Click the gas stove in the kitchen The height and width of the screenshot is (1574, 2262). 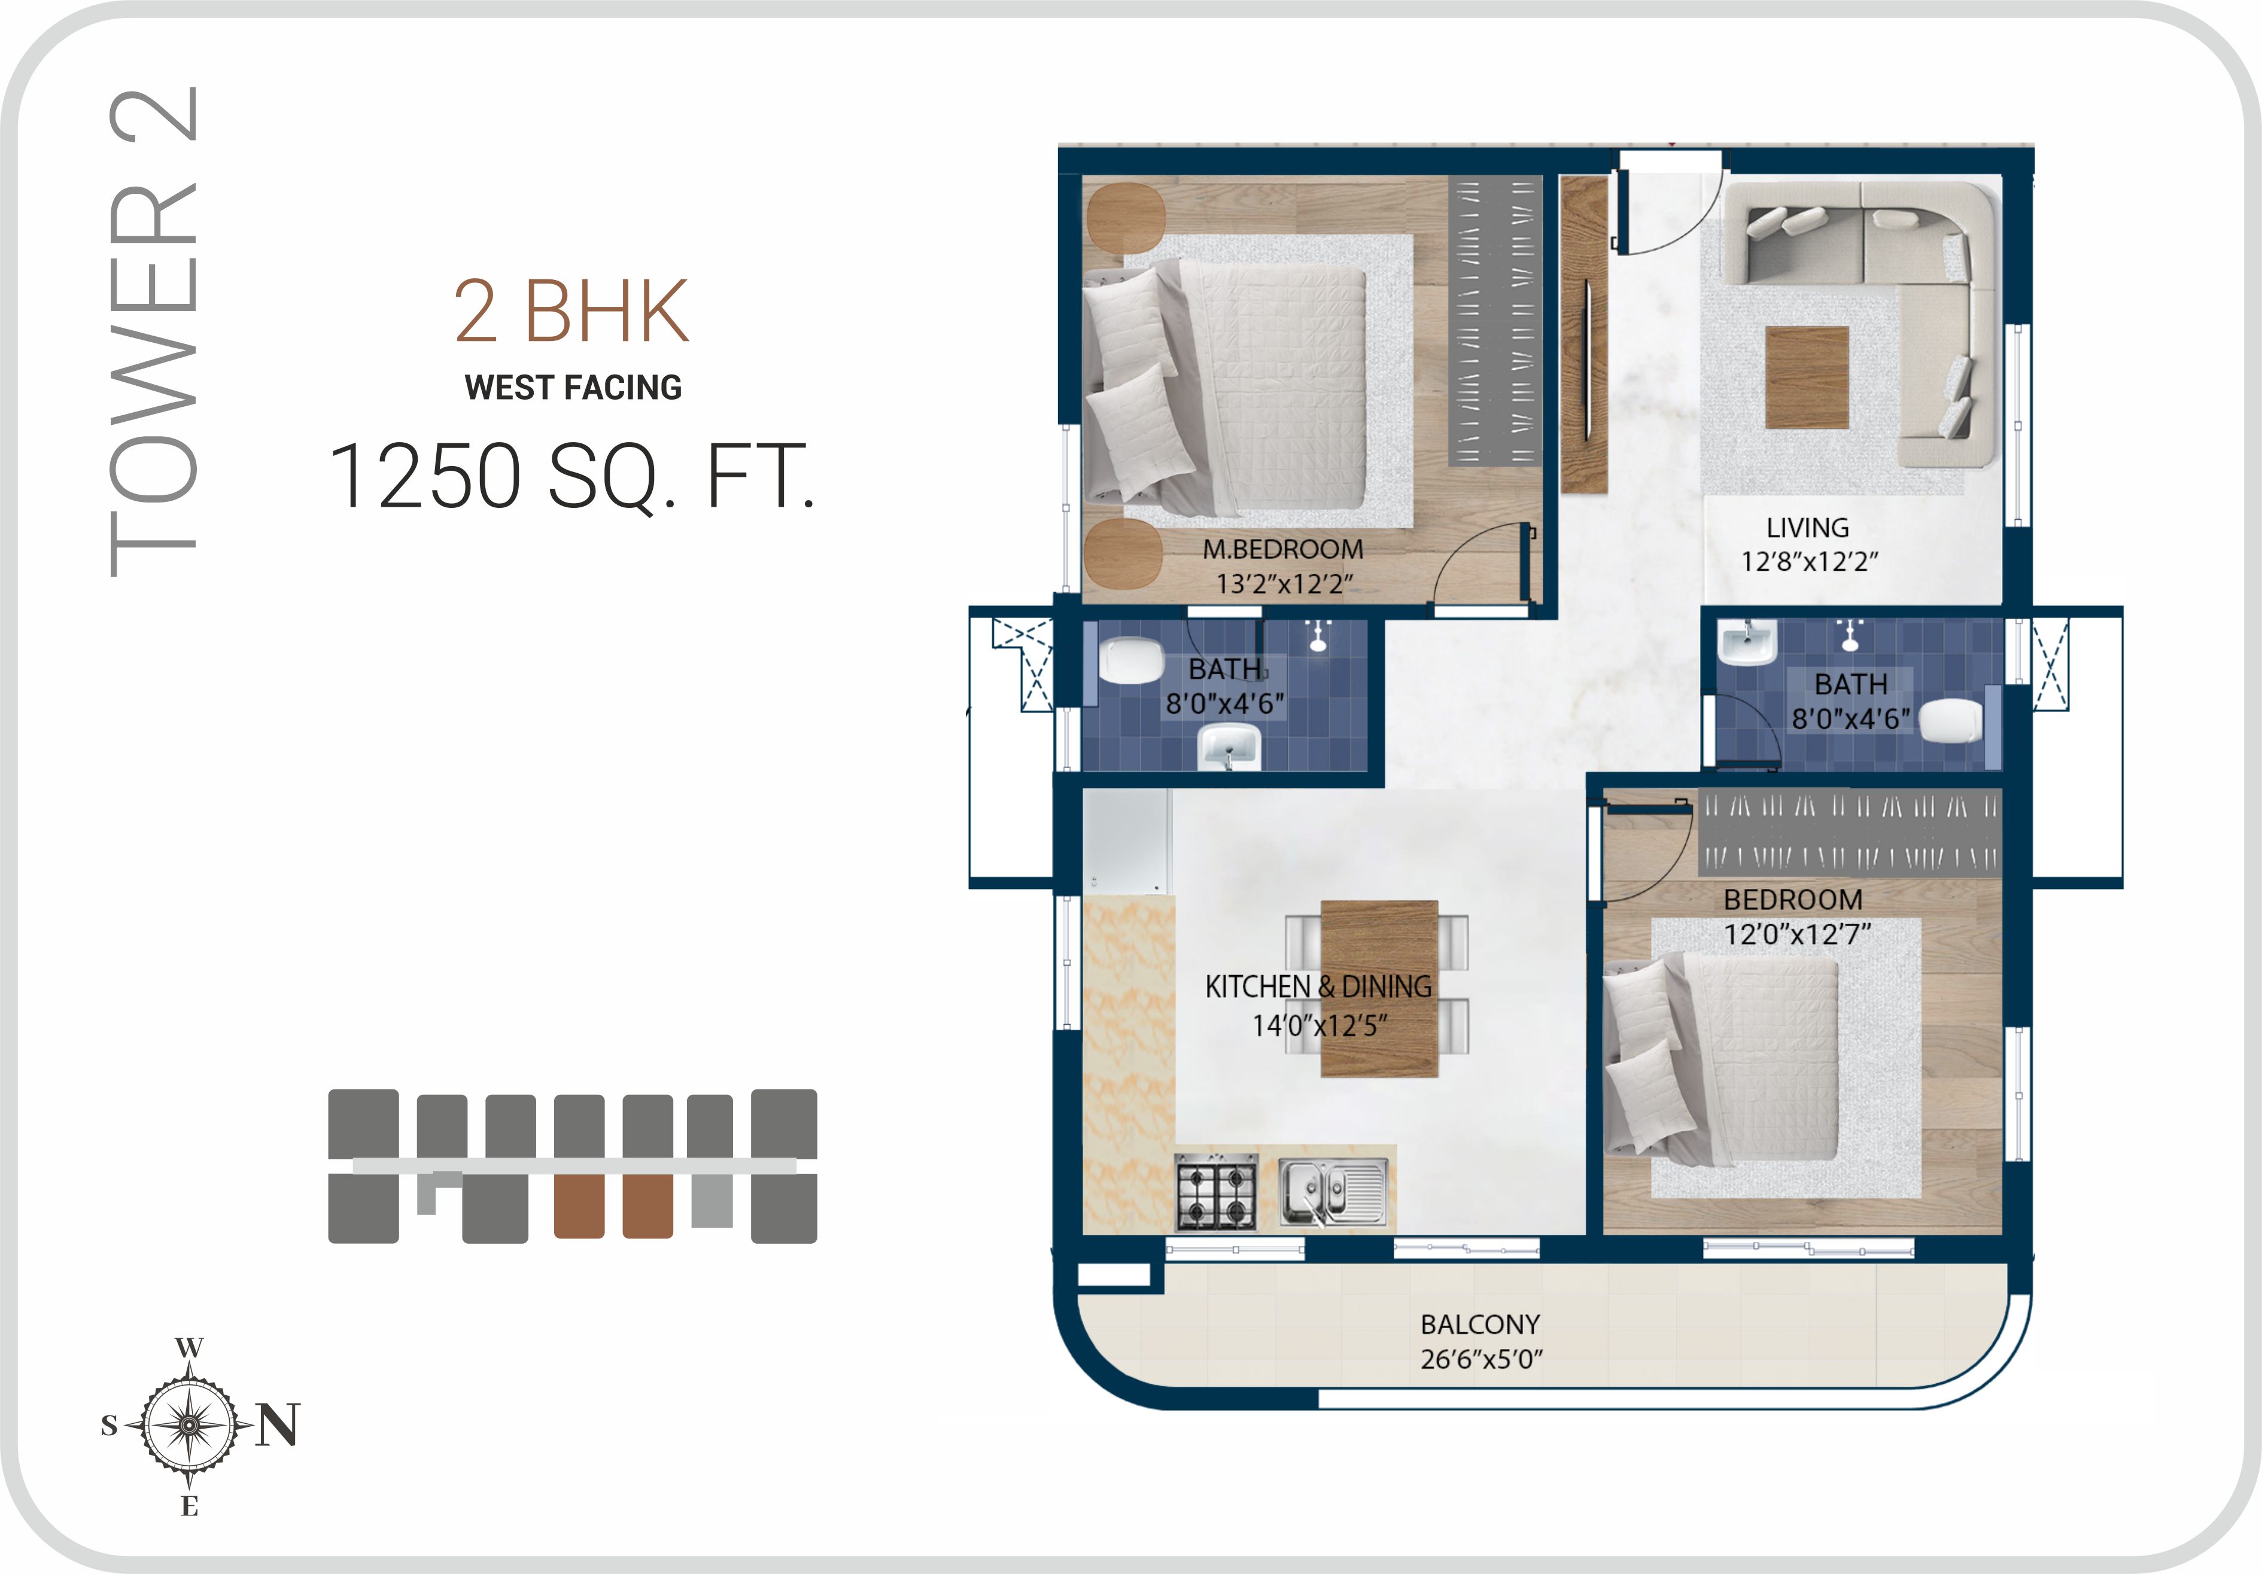click(x=1217, y=1192)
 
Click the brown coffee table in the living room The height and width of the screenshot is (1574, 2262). click(x=1806, y=378)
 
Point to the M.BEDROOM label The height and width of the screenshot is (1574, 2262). click(x=1283, y=550)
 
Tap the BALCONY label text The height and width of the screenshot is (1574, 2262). click(x=1480, y=1325)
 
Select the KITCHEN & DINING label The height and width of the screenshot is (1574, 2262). click(x=1318, y=987)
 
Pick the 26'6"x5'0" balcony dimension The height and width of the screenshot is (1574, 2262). click(x=1480, y=1359)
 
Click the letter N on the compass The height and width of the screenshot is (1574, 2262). click(x=277, y=1424)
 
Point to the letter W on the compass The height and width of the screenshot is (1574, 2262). click(x=189, y=1347)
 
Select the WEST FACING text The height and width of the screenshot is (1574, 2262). click(x=573, y=387)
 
